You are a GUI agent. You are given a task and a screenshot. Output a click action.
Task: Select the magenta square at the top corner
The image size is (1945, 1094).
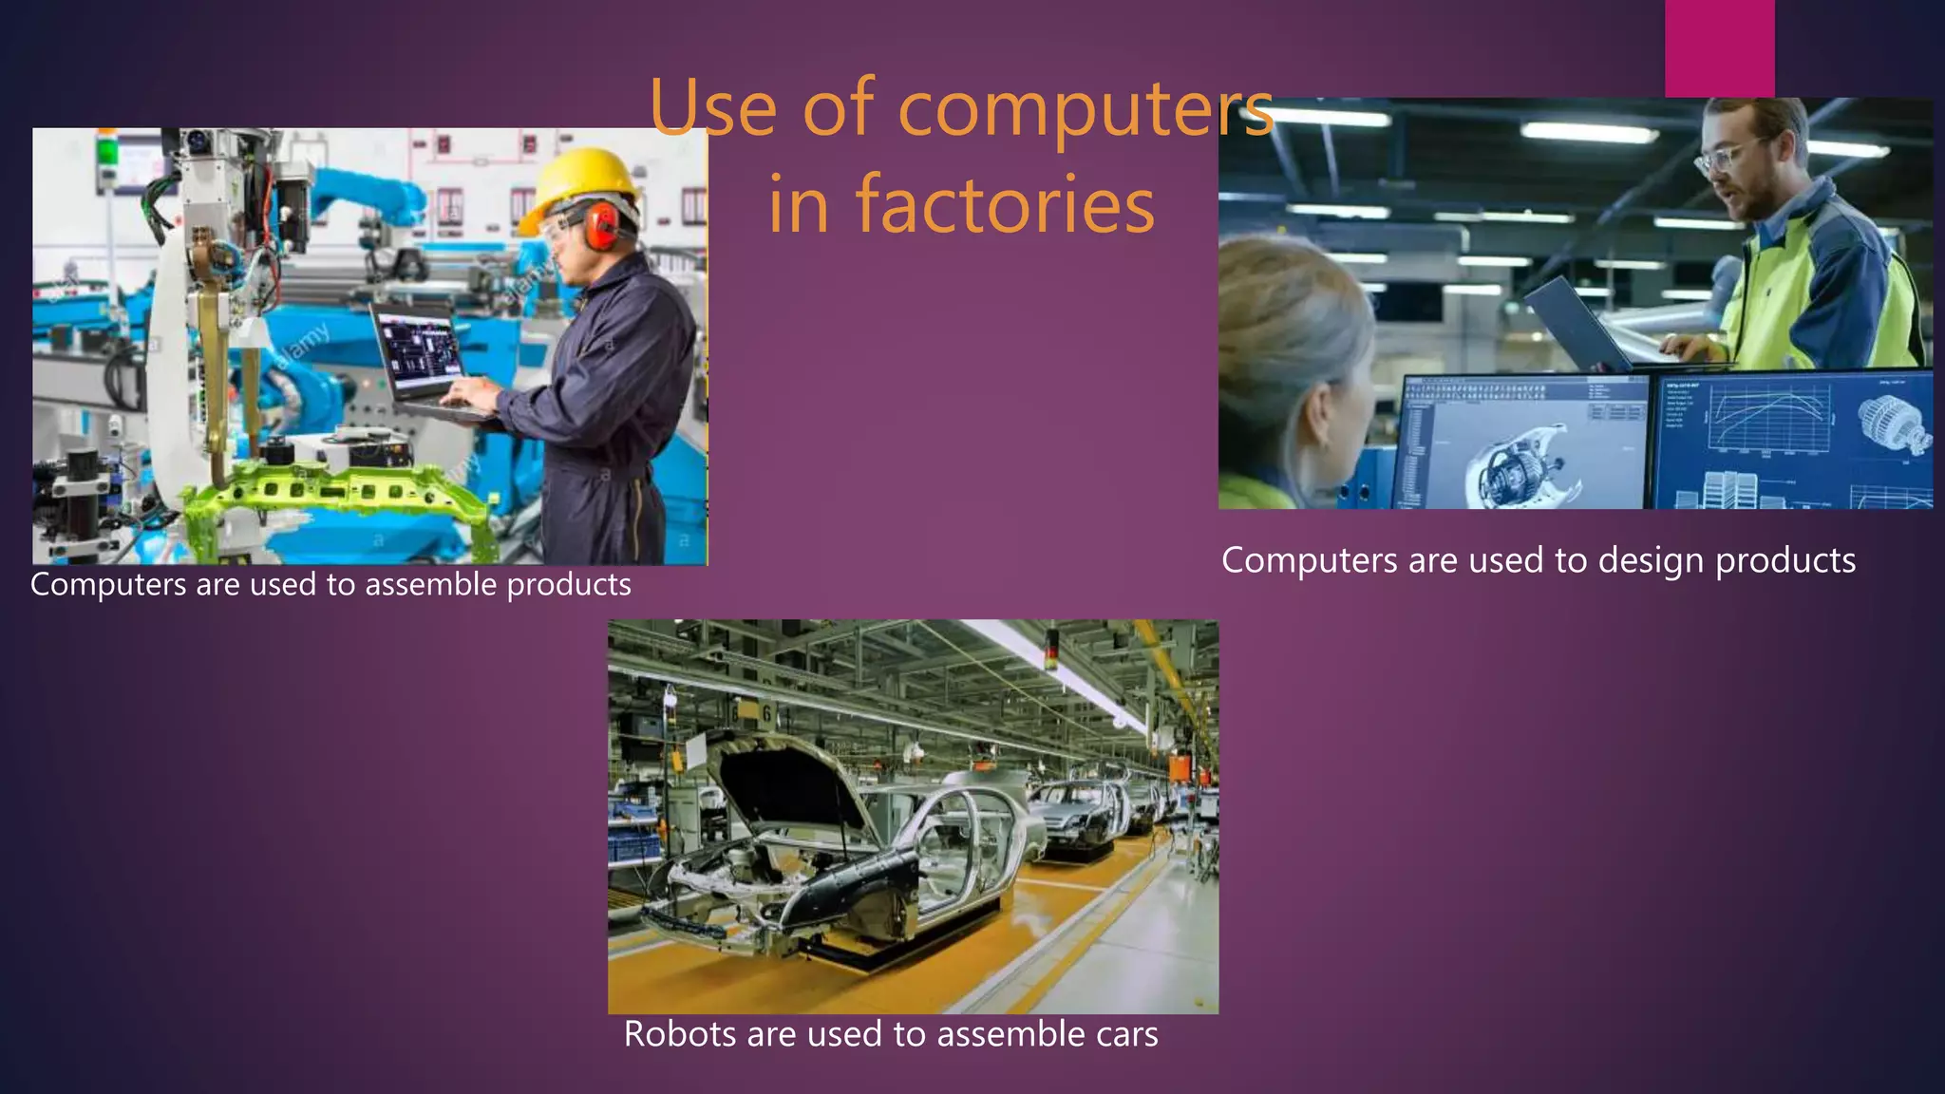coord(1719,47)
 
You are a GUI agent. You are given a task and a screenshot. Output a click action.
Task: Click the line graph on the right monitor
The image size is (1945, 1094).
coord(1766,418)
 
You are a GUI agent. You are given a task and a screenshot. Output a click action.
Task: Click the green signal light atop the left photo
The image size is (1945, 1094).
coord(107,149)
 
